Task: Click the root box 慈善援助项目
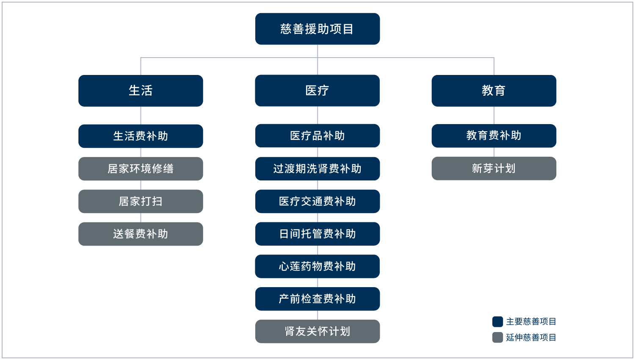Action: point(317,29)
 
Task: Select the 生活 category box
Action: point(141,91)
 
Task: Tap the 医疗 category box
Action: point(317,91)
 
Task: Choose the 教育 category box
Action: point(494,91)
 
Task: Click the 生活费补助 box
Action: point(141,136)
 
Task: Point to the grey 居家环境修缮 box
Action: point(141,169)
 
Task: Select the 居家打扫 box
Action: point(141,201)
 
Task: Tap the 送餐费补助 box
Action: point(141,234)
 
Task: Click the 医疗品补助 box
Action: point(317,136)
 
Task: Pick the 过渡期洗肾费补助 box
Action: point(317,169)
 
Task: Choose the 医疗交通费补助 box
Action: point(317,201)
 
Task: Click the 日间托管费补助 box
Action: point(317,234)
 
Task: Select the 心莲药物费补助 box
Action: point(317,266)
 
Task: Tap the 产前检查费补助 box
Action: point(317,299)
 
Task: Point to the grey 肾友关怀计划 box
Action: point(317,331)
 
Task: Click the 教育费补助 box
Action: point(494,136)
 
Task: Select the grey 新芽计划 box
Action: point(494,169)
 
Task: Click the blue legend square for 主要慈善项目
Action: point(498,322)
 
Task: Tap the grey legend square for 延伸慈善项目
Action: point(498,338)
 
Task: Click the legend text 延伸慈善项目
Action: point(531,338)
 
